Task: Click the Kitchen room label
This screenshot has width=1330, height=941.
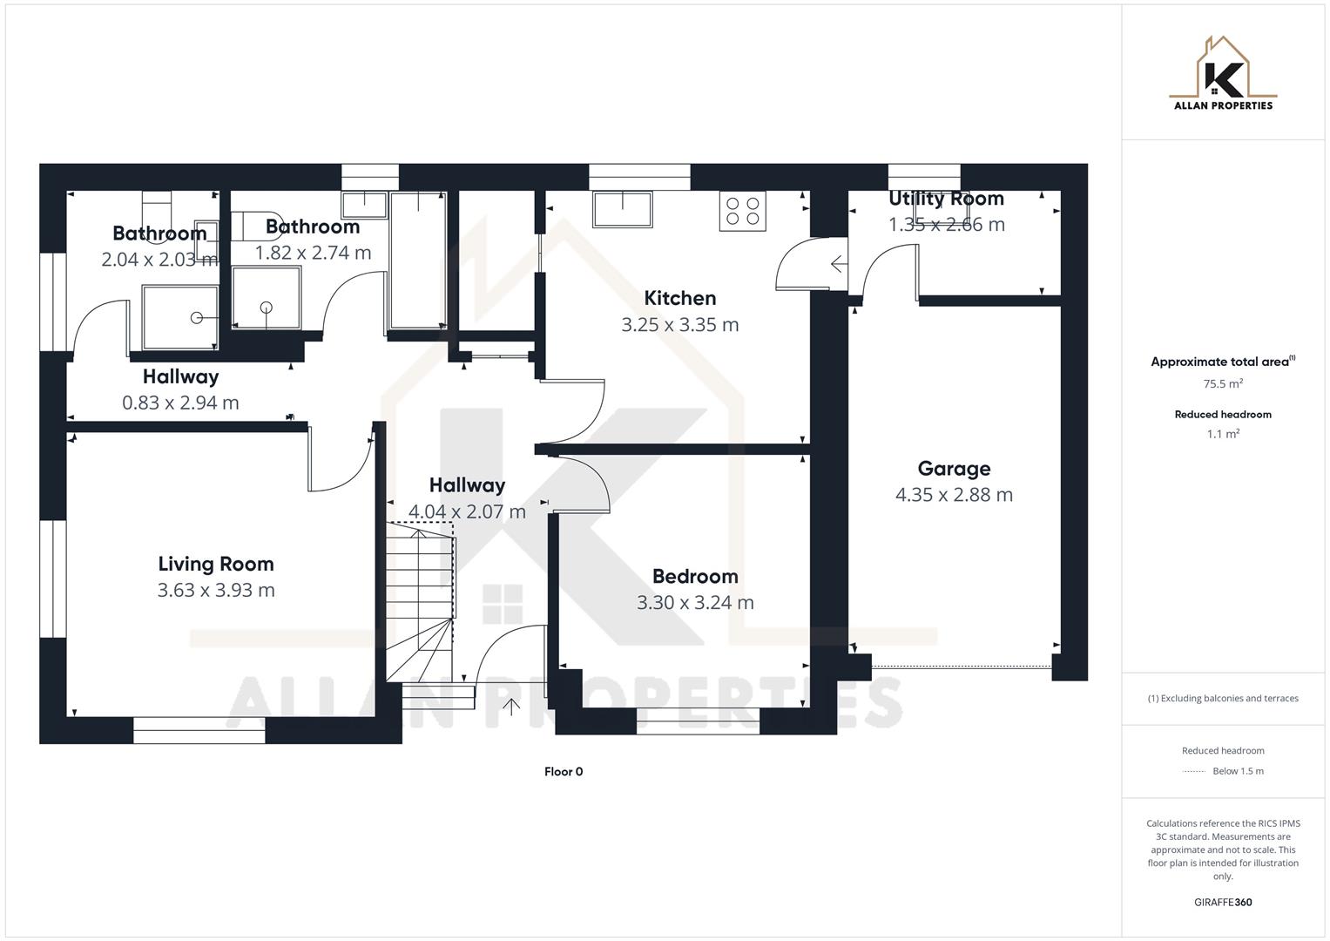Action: point(679,298)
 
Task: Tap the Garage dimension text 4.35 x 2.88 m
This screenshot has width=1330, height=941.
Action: point(954,495)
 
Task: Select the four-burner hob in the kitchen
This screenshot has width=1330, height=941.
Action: point(742,211)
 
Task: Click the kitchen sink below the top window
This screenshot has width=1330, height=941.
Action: point(623,209)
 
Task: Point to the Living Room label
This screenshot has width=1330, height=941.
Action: point(216,564)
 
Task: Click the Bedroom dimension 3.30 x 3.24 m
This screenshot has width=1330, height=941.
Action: point(695,603)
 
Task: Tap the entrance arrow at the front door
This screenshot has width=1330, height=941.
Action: point(510,706)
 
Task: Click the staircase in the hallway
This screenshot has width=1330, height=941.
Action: point(421,601)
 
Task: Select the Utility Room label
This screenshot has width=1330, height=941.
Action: point(946,199)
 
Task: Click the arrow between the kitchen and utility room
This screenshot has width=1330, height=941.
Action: point(838,263)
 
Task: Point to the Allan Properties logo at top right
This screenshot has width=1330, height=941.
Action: point(1223,75)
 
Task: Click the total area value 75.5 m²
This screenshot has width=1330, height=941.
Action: point(1223,383)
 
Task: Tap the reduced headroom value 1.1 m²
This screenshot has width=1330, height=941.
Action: point(1223,434)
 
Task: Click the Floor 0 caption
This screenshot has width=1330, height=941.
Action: point(564,771)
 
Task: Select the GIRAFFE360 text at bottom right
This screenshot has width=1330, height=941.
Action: point(1223,902)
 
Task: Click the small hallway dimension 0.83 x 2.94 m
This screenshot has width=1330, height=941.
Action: point(180,403)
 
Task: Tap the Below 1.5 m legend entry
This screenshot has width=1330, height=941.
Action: point(1237,771)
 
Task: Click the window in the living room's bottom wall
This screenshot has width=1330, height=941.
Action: point(199,730)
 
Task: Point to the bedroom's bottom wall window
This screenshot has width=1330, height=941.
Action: point(698,721)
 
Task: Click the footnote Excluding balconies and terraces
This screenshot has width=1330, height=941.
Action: point(1223,698)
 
